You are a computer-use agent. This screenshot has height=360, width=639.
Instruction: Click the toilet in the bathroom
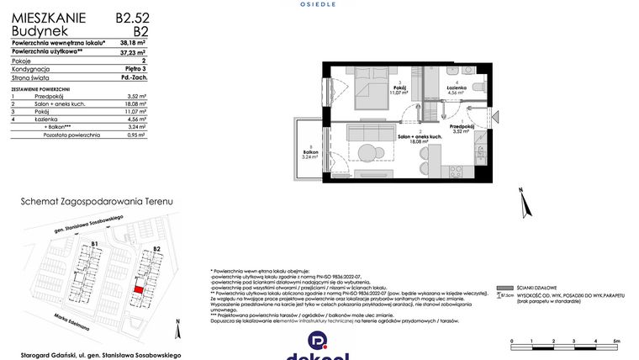(x=477, y=87)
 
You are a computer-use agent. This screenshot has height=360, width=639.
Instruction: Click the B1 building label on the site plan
(x=96, y=245)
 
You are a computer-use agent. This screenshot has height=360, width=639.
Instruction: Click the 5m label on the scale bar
(x=616, y=341)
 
